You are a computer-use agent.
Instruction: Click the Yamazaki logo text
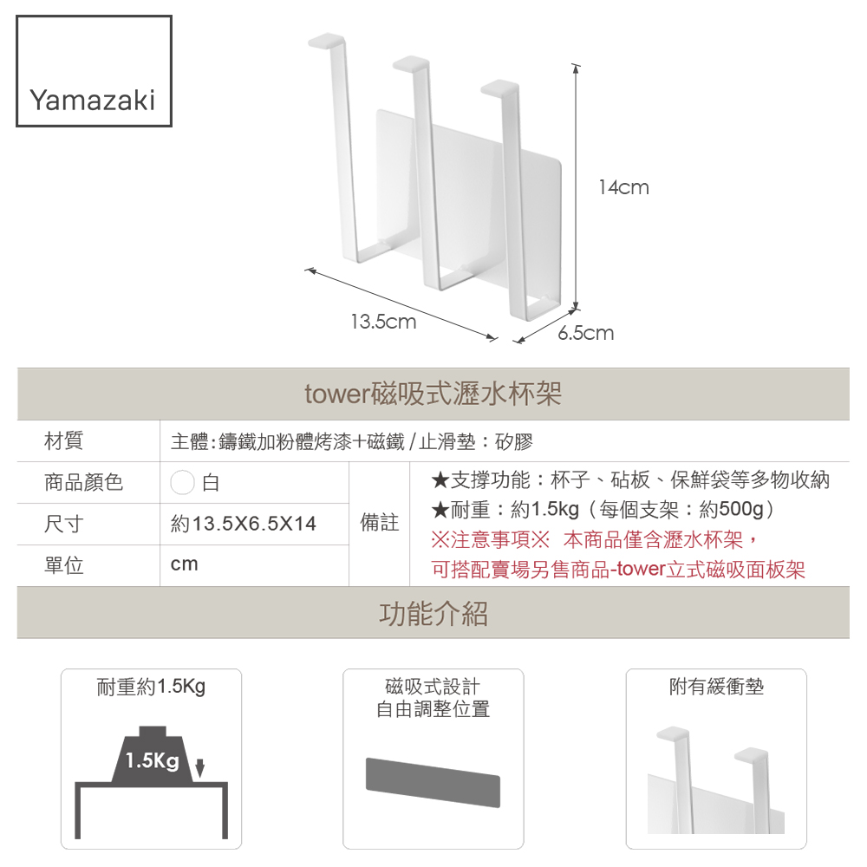click(93, 101)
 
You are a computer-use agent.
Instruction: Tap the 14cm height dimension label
click(623, 187)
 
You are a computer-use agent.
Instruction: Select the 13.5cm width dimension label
click(383, 322)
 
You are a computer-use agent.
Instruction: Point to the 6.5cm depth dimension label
click(585, 333)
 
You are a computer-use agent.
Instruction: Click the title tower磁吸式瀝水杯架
click(433, 394)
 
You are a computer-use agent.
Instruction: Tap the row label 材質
click(63, 440)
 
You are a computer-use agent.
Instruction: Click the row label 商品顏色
click(83, 482)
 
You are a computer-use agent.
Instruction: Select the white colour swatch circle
click(182, 482)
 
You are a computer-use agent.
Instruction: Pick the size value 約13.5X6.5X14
click(244, 524)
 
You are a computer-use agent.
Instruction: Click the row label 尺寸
click(63, 524)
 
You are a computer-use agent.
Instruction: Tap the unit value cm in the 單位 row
click(184, 564)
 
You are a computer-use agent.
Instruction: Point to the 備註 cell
click(380, 523)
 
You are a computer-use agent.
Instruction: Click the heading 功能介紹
click(433, 613)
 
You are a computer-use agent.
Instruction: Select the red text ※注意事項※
click(491, 539)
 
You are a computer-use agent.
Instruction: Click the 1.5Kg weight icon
click(152, 754)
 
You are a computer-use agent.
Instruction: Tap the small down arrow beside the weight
click(200, 767)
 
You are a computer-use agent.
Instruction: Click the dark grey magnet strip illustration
click(433, 782)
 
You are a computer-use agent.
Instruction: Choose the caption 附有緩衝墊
click(716, 687)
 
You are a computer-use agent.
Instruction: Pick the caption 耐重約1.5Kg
click(151, 687)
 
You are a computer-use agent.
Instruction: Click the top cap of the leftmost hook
click(327, 41)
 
